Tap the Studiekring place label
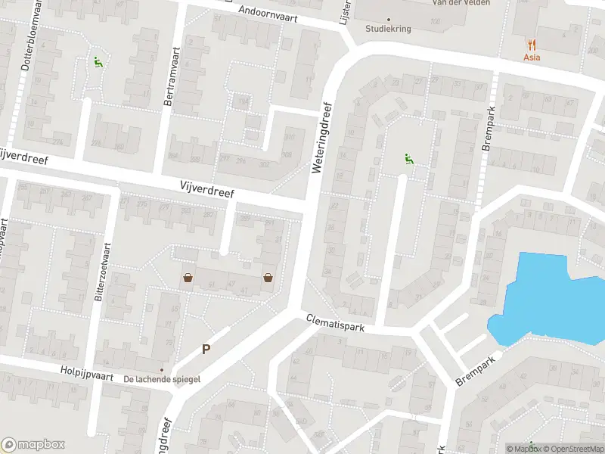[389, 30]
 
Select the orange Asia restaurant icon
[532, 44]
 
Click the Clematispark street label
[336, 323]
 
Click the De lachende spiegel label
[162, 379]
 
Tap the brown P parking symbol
[205, 350]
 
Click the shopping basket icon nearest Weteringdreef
[268, 278]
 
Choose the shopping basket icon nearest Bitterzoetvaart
[187, 278]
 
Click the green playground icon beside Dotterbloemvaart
[97, 63]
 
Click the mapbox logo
[33, 445]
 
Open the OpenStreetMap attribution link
[571, 449]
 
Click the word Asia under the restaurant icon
[532, 58]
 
